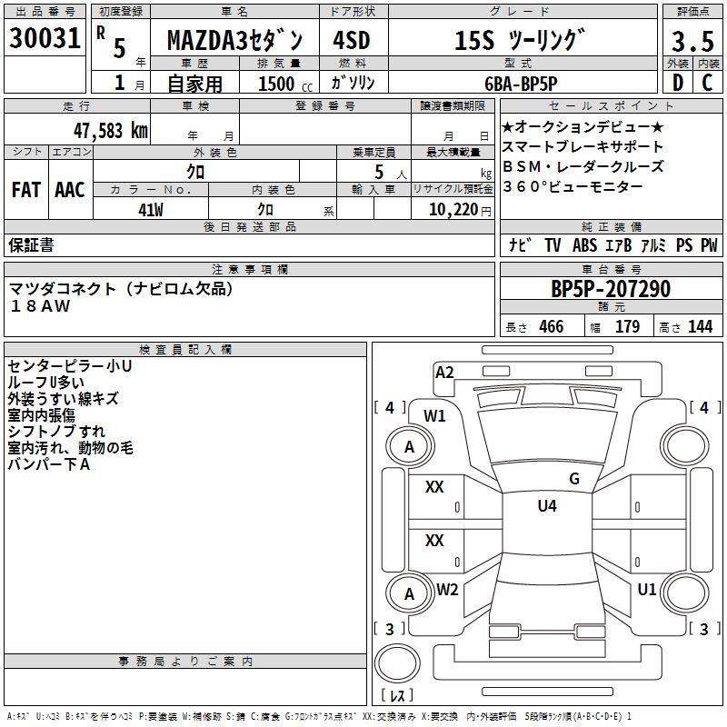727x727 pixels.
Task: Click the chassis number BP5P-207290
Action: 611,289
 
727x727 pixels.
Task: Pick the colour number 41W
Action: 151,210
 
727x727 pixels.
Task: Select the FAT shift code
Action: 26,190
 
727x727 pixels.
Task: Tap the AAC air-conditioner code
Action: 70,190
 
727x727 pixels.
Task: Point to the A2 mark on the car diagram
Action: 444,373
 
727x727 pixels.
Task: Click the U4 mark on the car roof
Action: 546,506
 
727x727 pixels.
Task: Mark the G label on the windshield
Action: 573,479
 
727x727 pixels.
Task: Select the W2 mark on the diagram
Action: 447,590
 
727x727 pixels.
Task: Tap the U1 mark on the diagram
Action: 646,590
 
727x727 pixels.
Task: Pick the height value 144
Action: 700,327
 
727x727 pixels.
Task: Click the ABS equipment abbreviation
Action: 584,245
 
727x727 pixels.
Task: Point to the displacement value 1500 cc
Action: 283,84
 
